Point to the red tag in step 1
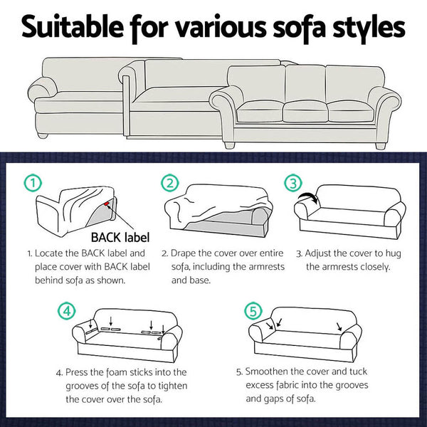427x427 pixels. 107,206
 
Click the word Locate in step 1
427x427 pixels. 51,253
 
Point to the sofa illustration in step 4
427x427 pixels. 128,334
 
